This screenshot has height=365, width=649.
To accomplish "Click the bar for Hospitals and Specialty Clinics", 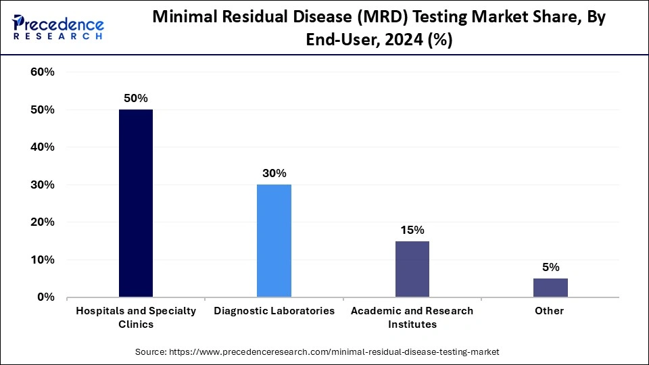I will [x=135, y=203].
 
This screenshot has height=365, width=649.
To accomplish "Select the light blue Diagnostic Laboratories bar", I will [x=274, y=241].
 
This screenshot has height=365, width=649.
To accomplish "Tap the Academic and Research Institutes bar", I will [x=412, y=269].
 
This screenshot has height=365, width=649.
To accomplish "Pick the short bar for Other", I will [x=550, y=287].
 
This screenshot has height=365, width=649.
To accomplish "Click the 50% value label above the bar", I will [x=135, y=98].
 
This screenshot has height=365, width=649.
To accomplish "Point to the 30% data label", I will [x=274, y=173].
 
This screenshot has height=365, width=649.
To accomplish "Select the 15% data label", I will [x=412, y=229].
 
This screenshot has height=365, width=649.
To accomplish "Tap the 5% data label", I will [x=550, y=267].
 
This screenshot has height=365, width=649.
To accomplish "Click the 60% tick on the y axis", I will [x=43, y=72].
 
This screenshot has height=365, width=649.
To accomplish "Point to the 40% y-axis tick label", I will [x=43, y=147].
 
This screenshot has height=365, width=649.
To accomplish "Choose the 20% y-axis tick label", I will [x=43, y=222].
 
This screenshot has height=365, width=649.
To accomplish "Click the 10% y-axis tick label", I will [x=43, y=260].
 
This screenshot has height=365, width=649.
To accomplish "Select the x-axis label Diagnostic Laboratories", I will [x=274, y=311].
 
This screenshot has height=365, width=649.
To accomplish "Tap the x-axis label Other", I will [x=550, y=311].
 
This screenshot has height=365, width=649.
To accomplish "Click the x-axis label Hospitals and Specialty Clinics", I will [x=135, y=317].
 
